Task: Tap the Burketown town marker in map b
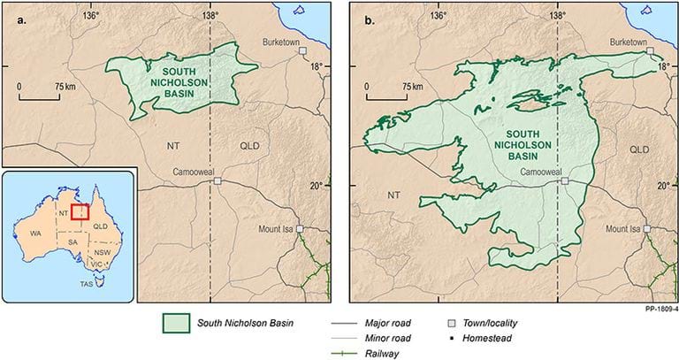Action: (x=651, y=52)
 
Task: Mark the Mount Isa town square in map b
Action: (x=647, y=228)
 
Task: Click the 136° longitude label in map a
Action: (x=91, y=15)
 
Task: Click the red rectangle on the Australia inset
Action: (x=80, y=213)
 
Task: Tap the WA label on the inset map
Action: (x=35, y=233)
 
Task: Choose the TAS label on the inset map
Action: (x=85, y=285)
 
